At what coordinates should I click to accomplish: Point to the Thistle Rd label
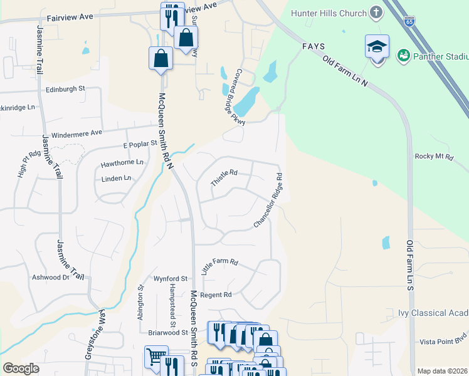point(224,177)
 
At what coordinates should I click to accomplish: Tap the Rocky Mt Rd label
point(433,157)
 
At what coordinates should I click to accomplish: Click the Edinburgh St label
point(65,89)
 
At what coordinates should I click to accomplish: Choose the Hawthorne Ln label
point(122,164)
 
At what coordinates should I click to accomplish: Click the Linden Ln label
point(116,178)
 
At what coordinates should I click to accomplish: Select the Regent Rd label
point(216,295)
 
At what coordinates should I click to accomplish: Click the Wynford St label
point(171,278)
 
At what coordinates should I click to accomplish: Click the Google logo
point(21,368)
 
